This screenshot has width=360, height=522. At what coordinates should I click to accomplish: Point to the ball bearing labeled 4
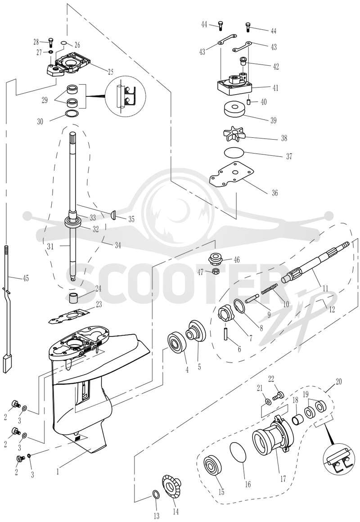tap(176, 345)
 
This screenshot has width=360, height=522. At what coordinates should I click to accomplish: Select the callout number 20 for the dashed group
tap(338, 382)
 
